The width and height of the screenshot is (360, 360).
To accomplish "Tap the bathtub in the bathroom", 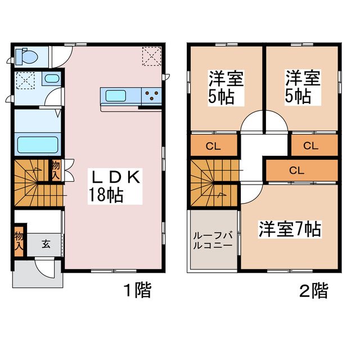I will (38, 145).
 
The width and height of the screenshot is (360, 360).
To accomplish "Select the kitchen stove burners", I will (151, 96).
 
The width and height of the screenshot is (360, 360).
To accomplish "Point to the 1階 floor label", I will (137, 291).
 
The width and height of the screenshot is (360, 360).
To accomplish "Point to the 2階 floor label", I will (313, 291).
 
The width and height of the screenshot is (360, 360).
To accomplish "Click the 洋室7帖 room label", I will (290, 229).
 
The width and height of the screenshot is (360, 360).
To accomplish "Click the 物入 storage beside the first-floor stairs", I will (56, 170).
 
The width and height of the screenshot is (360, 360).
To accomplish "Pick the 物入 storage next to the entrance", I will (19, 240).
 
